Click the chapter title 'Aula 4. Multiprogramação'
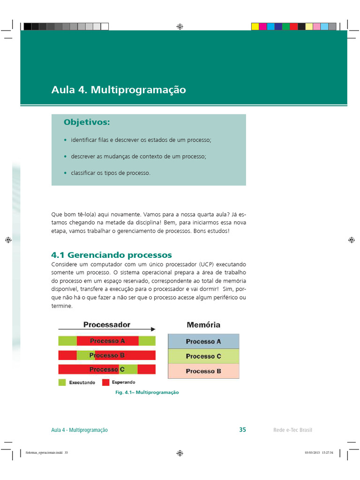119,90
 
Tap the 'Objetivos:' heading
87,122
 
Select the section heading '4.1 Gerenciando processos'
112,255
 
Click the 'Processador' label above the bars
107,324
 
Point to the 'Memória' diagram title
203,324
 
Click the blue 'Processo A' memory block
203,341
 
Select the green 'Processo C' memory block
203,356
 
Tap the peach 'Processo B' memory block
203,371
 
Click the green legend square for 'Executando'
62,382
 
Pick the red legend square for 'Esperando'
105,382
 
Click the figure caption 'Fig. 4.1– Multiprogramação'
147,392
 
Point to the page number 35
242,430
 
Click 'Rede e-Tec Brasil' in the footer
292,430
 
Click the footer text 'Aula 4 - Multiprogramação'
79,430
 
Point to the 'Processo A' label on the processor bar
107,341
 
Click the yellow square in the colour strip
255,27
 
